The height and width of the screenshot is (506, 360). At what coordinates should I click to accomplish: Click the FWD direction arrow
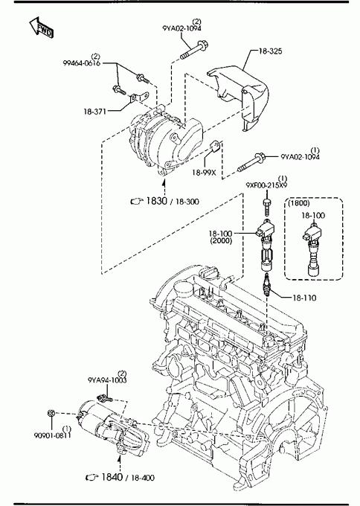[42, 27]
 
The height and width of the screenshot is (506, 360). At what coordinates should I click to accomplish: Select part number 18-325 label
[270, 51]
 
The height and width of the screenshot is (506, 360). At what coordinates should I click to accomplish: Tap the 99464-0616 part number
[81, 63]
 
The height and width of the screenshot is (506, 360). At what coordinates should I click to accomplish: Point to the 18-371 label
[95, 112]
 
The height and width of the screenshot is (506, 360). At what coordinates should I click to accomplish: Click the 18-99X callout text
[204, 173]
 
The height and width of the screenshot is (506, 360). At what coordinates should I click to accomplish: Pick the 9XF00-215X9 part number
[266, 185]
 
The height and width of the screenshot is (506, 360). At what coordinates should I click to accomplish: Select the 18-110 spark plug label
[304, 298]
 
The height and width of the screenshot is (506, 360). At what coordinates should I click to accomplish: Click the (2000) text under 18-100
[221, 241]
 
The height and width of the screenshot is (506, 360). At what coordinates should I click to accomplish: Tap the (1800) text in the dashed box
[299, 203]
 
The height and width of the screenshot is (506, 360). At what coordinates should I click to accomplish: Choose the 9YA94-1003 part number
[107, 379]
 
